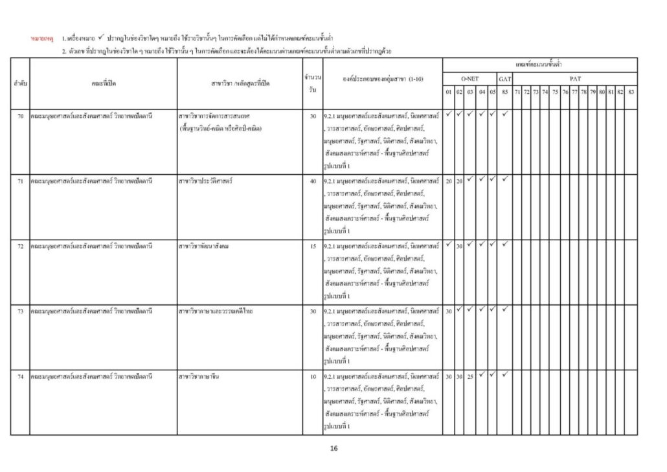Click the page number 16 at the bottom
point(333,448)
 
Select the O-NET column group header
point(469,78)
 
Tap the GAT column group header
point(504,78)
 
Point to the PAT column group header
point(575,78)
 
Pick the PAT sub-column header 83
point(631,91)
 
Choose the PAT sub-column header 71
point(517,91)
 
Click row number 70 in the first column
point(20,116)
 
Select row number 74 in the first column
point(20,376)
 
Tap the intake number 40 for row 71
point(313,181)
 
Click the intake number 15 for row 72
point(313,246)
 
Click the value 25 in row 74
point(470,376)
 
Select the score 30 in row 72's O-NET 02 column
point(459,246)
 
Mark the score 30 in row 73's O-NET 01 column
point(448,311)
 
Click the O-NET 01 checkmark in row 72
point(448,244)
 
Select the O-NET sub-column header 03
point(470,91)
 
